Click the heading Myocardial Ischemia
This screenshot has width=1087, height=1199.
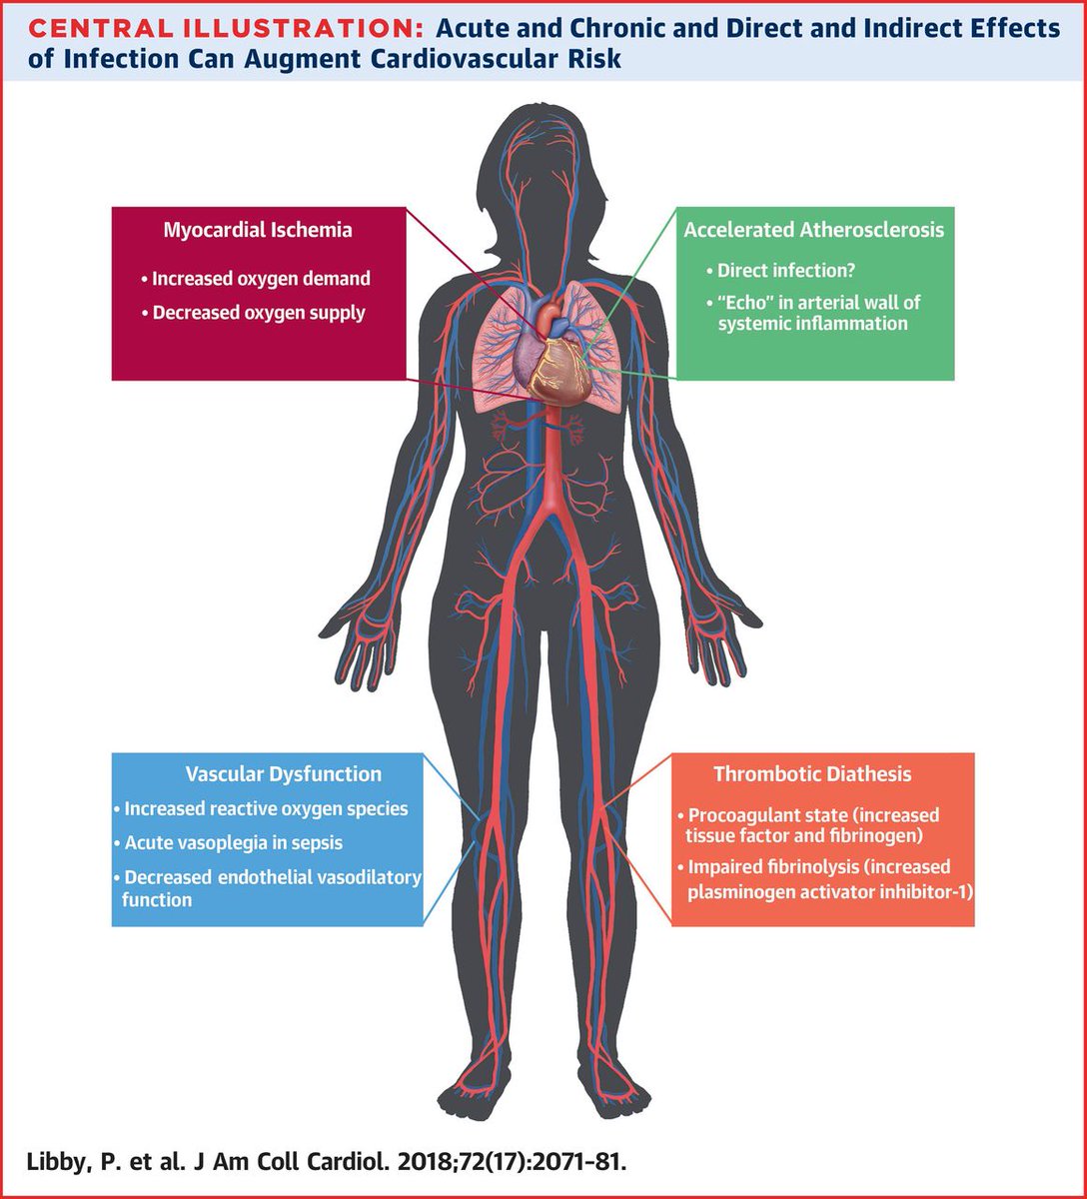258,230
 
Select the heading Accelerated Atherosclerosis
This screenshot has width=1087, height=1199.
813,230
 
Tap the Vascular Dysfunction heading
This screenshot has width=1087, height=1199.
284,774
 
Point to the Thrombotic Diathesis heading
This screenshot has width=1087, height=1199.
811,774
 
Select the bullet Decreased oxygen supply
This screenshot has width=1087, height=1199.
259,313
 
